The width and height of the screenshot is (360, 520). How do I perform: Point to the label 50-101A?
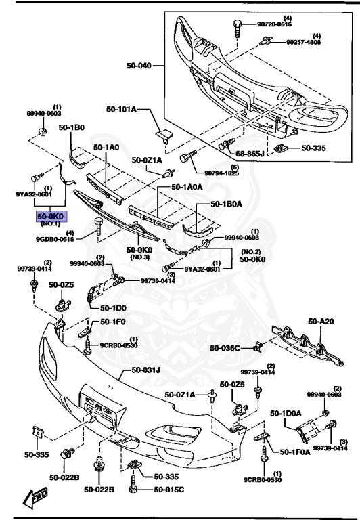point(121,108)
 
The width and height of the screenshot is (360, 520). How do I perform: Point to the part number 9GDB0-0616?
point(55,239)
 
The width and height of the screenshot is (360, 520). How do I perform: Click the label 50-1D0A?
point(286,413)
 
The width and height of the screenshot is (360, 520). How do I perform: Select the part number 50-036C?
point(225,348)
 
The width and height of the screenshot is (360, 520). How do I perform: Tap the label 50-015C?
point(170,490)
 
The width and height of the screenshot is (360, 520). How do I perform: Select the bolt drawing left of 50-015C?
point(134,488)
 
